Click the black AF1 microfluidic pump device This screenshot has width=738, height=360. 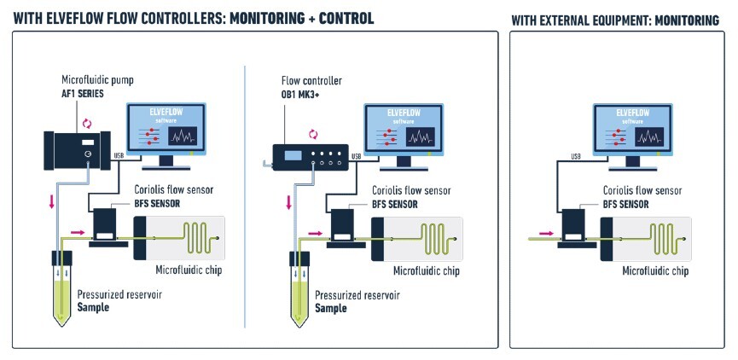77,150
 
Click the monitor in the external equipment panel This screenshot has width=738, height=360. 632,136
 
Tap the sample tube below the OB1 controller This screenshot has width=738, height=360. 299,288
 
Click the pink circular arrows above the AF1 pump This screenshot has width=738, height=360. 87,124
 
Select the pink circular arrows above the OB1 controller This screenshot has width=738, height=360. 313,135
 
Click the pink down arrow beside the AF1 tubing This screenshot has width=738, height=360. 52,202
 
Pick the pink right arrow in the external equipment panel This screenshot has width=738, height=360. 547,233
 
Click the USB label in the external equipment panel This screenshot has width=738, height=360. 576,157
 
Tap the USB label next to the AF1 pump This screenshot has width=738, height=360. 119,155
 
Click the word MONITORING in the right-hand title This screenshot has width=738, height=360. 687,20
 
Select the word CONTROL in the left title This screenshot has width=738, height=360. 346,19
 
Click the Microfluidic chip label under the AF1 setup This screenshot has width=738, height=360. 189,270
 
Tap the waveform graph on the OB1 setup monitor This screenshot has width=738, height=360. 420,136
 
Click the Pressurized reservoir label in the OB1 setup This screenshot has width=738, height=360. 357,295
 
